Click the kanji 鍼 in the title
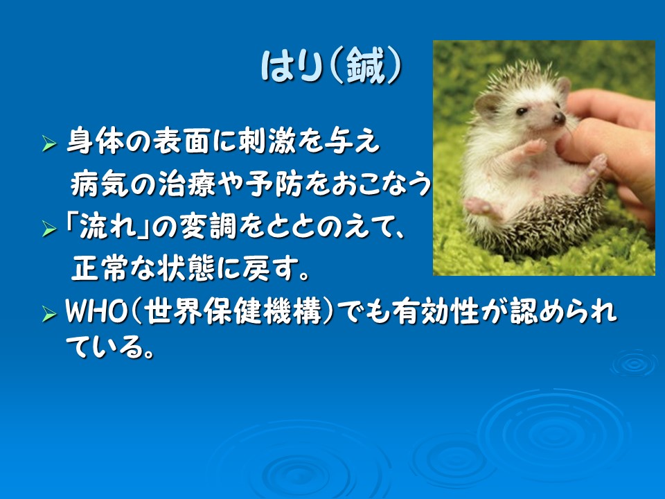point(365,66)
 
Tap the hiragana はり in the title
point(290,67)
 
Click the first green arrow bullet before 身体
point(49,144)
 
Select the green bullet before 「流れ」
point(49,229)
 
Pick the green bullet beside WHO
point(49,315)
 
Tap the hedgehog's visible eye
point(522,112)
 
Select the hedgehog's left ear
point(486,105)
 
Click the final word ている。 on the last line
point(109,347)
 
